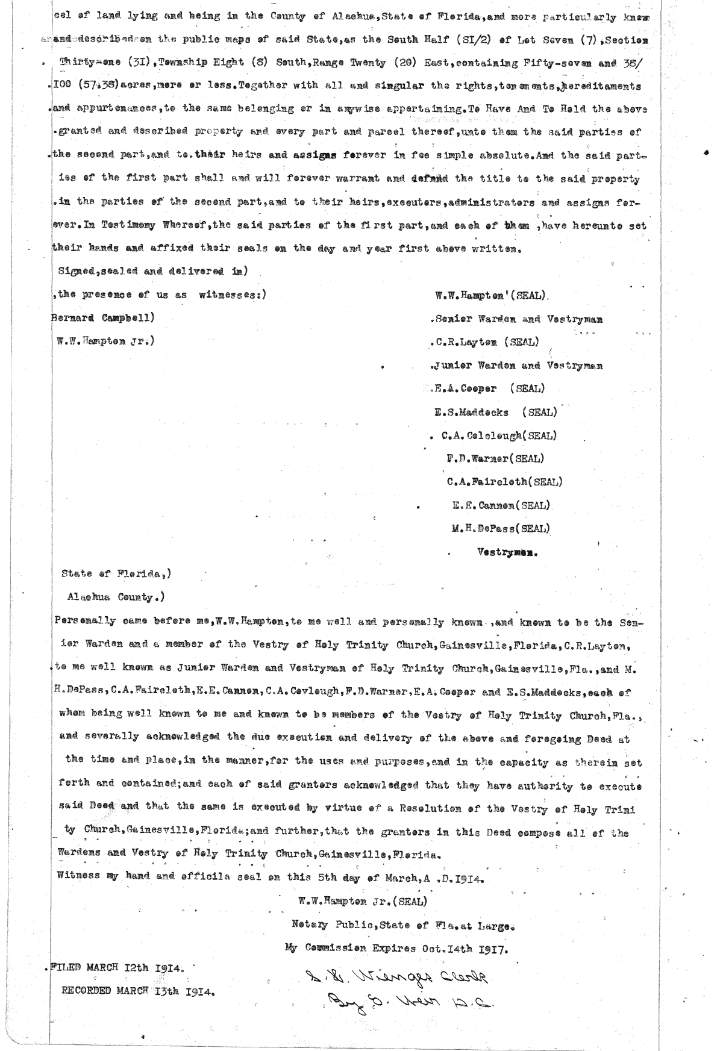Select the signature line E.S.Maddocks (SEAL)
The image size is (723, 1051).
coord(495,413)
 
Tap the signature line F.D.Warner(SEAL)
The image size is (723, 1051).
coord(495,458)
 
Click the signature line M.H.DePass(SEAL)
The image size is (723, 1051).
coord(500,529)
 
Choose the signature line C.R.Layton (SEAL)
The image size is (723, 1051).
coord(486,342)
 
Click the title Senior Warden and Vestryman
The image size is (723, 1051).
coord(519,319)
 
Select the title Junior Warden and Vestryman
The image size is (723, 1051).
coord(519,366)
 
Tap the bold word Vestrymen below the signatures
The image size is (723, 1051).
coord(507,552)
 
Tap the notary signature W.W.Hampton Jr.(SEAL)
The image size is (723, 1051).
coord(362,902)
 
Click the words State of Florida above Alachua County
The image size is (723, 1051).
coord(116,574)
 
